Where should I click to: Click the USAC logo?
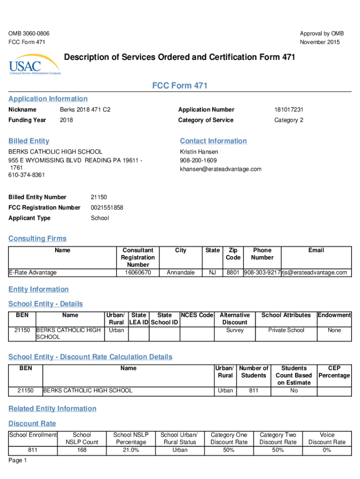coord(34,65)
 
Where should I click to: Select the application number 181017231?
coord(288,109)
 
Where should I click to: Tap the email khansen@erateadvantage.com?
coord(221,169)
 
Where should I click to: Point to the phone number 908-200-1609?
coord(198,160)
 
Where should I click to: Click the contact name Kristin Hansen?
coord(199,152)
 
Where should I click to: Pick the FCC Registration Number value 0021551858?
coord(107,207)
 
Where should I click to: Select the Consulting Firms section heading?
coord(37,239)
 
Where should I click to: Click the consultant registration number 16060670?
coord(137,272)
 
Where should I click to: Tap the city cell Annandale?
coord(180,272)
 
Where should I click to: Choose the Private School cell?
coord(286,330)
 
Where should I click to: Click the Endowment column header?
coord(334,315)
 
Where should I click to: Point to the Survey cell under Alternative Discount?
coord(235,330)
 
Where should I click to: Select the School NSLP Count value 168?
coord(82,450)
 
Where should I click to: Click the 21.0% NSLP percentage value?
coord(131,450)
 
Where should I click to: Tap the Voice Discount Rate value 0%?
coord(327,450)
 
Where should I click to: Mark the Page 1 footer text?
coord(18,460)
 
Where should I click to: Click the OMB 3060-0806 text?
coord(29,34)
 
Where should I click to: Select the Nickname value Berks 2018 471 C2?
coord(85,109)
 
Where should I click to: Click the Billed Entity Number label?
coord(37,197)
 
